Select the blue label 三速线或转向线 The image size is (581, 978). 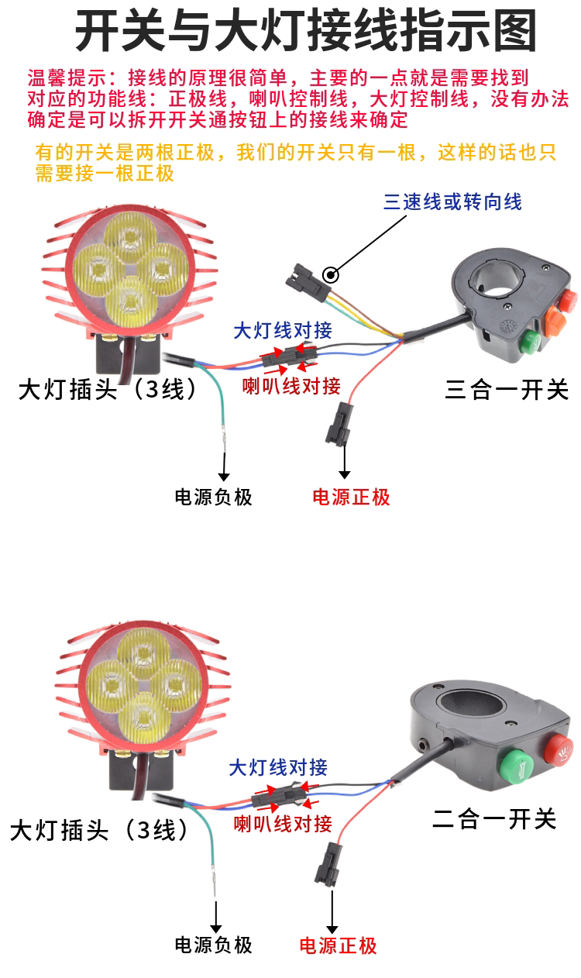452,202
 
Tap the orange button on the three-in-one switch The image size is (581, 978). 555,319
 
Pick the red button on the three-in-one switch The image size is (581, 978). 569,297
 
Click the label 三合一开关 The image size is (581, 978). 507,389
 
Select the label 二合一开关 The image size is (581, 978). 494,818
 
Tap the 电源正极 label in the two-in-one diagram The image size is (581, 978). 338,945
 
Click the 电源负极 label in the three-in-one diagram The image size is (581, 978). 214,497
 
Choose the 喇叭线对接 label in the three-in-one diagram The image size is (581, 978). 291,385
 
